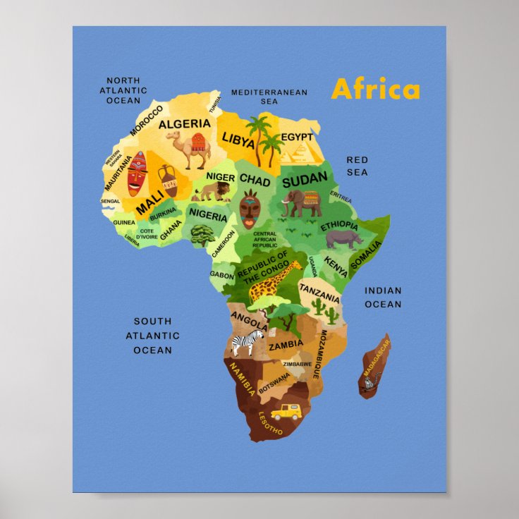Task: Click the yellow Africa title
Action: pos(375,90)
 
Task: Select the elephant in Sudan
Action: pos(302,203)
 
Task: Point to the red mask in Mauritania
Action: pos(137,173)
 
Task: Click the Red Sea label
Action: pos(357,166)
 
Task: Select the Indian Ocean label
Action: pos(383,298)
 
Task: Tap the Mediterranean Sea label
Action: pos(269,97)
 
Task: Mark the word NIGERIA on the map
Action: pos(208,216)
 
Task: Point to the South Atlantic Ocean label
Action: pos(153,336)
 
